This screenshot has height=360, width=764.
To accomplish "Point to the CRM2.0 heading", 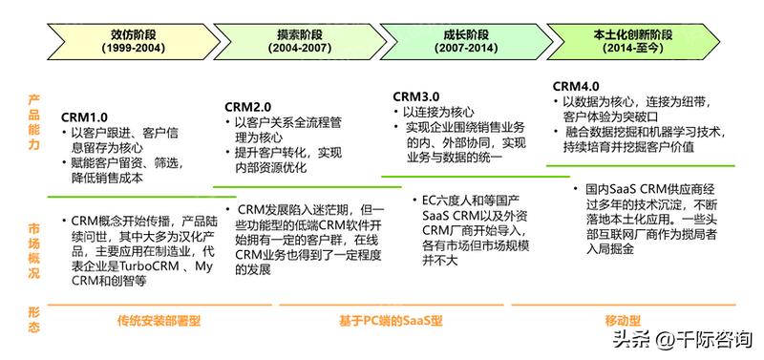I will tap(250, 105).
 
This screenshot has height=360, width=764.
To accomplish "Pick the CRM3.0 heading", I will tap(416, 96).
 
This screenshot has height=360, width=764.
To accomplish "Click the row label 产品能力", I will tap(34, 122).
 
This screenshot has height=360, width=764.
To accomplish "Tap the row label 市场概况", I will tap(34, 243).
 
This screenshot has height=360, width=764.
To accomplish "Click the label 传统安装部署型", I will tap(159, 320).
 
